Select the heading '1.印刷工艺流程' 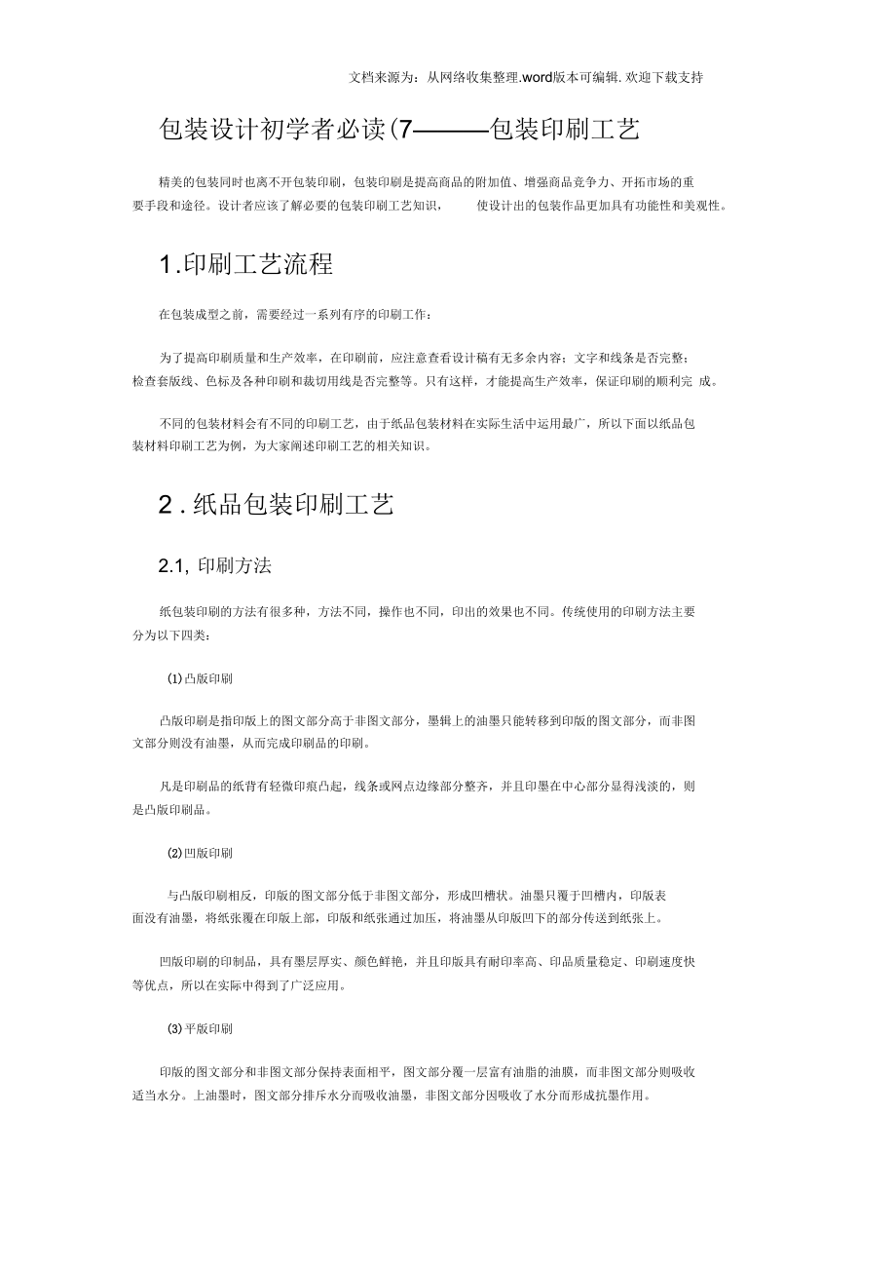pyautogui.click(x=245, y=263)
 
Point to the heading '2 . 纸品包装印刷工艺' pyautogui.click(x=276, y=504)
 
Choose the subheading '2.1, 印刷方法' pyautogui.click(x=214, y=566)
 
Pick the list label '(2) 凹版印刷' pyautogui.click(x=200, y=853)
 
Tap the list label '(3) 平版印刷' pyautogui.click(x=200, y=1028)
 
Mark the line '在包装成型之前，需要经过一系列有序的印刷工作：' pyautogui.click(x=292, y=315)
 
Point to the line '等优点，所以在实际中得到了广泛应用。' pyautogui.click(x=239, y=984)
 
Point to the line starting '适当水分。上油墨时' pyautogui.click(x=390, y=1095)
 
